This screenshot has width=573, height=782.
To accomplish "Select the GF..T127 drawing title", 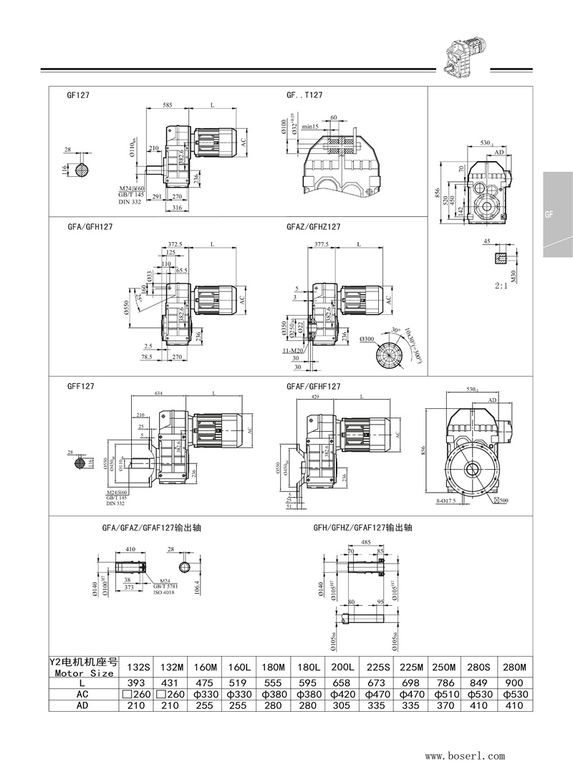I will pyautogui.click(x=304, y=95).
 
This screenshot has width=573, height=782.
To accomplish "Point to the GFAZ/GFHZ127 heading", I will pyautogui.click(x=313, y=226).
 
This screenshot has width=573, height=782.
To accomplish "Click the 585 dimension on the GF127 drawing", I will pyautogui.click(x=167, y=105).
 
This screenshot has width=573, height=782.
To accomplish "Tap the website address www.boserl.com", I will pyautogui.click(x=465, y=755).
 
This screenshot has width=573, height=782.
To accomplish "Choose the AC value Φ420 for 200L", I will pyautogui.click(x=341, y=695).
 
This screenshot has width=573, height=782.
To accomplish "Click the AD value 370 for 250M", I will pyautogui.click(x=445, y=706).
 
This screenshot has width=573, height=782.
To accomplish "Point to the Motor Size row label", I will pyautogui.click(x=84, y=672).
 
